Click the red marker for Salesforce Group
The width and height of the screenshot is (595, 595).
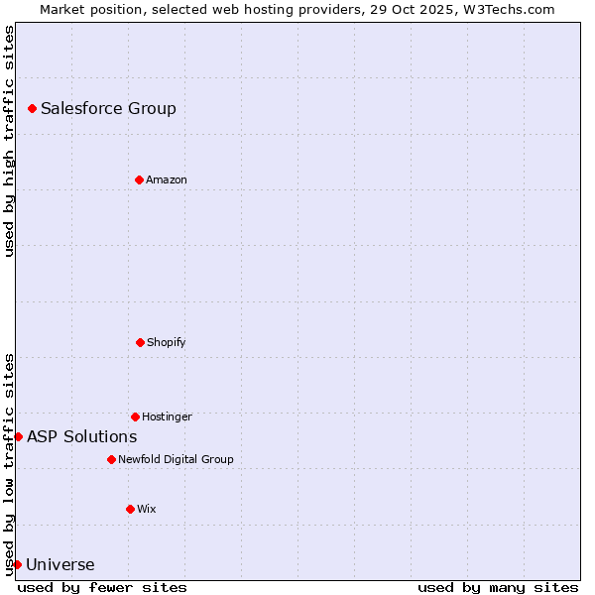[32, 108]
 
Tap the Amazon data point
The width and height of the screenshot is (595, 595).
[139, 179]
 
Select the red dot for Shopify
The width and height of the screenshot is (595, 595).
[140, 342]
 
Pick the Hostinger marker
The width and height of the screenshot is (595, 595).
[135, 416]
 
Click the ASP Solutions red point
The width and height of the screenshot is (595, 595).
[18, 436]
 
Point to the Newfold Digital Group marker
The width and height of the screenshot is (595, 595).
[111, 459]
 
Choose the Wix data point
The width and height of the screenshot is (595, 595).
[130, 509]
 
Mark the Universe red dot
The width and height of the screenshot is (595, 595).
[17, 564]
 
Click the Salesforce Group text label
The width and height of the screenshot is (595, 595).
[108, 108]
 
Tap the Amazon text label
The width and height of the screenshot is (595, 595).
[166, 179]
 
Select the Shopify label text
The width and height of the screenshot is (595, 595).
[166, 342]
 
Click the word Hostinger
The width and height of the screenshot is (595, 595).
[167, 416]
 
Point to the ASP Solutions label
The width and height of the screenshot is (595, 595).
[81, 436]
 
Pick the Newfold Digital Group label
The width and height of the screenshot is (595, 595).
[176, 459]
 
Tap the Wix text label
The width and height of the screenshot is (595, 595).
[146, 509]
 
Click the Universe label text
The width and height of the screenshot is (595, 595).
[59, 565]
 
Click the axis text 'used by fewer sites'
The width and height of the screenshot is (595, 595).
[102, 587]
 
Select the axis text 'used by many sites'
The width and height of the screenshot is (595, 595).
[498, 587]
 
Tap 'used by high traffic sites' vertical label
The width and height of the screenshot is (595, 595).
[9, 141]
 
